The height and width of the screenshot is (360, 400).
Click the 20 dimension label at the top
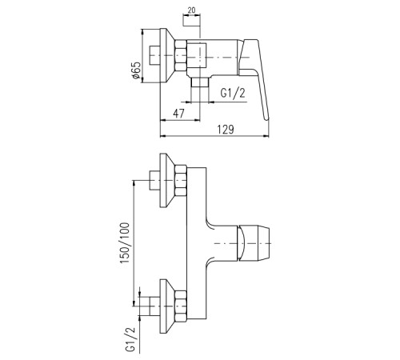(191, 10)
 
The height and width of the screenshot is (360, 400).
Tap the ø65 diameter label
(136, 70)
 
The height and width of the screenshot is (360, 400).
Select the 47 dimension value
(178, 114)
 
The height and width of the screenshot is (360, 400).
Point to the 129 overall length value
(226, 130)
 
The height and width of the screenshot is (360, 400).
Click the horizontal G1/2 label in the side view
(233, 94)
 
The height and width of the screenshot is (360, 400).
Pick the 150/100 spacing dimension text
(125, 243)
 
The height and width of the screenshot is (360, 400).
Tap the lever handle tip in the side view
(266, 118)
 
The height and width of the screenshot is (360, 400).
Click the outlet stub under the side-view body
(200, 82)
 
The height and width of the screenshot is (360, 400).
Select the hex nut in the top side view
(181, 55)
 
